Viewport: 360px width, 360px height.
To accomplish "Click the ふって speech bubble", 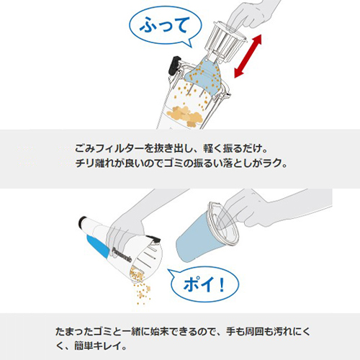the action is (165, 26).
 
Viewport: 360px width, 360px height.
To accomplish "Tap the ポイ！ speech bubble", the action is (204, 285).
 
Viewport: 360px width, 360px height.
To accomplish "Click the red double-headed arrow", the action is (248, 56).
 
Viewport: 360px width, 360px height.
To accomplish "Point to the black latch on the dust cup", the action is (175, 65).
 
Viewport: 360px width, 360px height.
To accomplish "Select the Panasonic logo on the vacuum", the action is (122, 254).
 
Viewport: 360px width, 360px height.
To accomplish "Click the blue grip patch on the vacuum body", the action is (98, 246).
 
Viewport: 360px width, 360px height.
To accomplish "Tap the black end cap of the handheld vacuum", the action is (83, 222).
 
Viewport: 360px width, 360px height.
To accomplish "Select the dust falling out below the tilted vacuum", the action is (142, 288).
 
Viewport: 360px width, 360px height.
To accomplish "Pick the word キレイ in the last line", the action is (107, 346).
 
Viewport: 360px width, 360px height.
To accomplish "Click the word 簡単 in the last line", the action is (84, 346).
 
